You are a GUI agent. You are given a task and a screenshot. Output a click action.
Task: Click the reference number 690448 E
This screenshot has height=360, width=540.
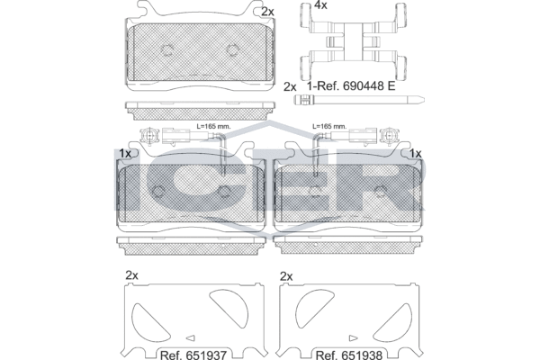369,85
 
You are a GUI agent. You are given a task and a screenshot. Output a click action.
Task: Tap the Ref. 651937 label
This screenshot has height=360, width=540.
193,355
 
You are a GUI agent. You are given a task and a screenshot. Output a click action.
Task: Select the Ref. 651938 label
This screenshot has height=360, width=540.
349,355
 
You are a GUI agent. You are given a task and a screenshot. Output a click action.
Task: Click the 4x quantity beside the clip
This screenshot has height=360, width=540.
320,5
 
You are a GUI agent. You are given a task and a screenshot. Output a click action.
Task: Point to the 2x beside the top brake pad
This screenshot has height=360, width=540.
267,12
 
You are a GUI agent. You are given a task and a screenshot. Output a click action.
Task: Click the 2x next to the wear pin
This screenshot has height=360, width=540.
290,86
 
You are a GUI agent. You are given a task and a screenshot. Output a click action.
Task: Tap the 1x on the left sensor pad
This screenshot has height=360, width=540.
125,154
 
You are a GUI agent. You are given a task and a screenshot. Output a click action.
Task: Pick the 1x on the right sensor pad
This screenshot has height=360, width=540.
416,154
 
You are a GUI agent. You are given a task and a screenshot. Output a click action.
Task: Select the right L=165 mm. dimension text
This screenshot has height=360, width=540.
329,126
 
